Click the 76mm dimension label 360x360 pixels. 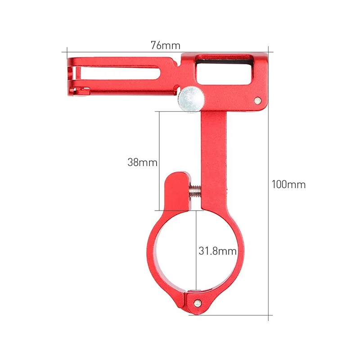click(x=165, y=45)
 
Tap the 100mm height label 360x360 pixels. click(x=288, y=184)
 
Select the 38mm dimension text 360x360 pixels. click(x=142, y=162)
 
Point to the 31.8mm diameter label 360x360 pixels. click(x=218, y=251)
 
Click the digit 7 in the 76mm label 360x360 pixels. click(x=154, y=45)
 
